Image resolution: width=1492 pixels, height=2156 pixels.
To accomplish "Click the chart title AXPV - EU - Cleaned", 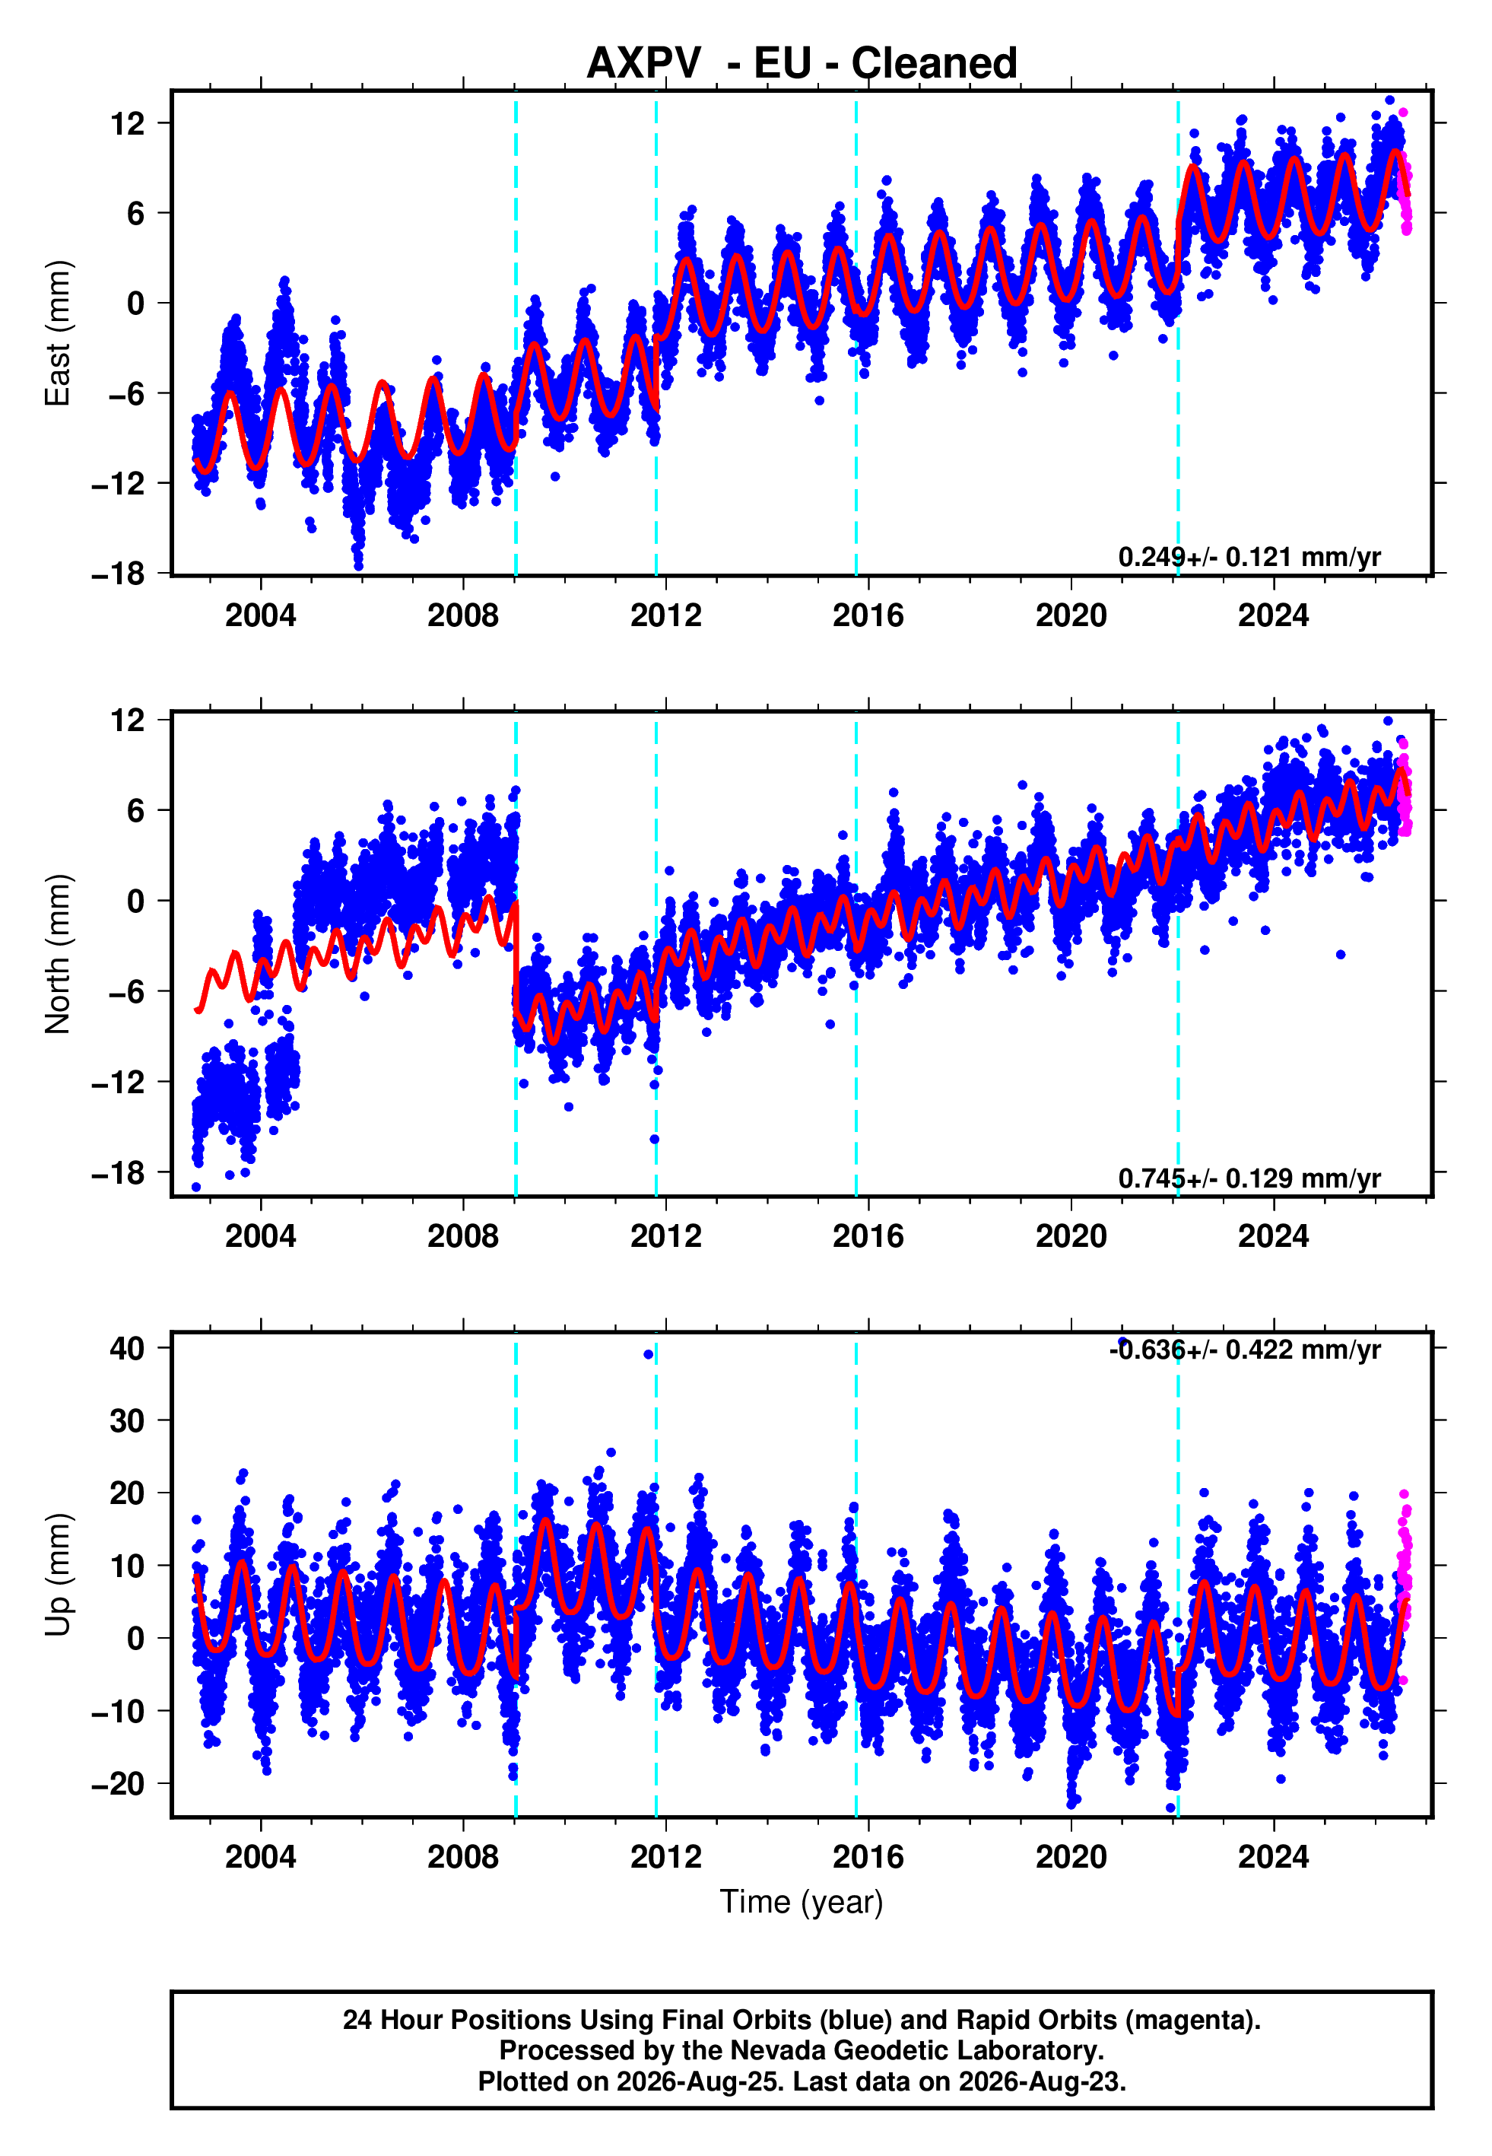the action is coord(802,64).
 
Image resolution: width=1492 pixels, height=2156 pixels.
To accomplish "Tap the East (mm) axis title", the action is coord(58,333).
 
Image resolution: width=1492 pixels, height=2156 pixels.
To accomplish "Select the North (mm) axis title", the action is coord(58,954).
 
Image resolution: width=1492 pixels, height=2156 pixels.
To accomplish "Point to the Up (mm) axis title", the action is coord(58,1575).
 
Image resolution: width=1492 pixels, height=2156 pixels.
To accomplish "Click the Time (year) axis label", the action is coord(802,1903).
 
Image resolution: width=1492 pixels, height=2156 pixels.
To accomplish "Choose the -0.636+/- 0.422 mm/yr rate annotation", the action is coord(1245,1350).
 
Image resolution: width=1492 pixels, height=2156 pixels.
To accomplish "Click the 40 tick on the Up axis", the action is coord(127,1348).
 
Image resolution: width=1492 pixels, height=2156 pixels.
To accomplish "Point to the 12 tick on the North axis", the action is coord(128,720).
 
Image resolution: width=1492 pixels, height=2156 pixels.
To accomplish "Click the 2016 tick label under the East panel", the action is coord(868,615).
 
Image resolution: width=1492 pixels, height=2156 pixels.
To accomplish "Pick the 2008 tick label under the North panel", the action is coord(463,1236).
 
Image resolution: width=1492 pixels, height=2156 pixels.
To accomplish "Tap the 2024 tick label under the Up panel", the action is coord(1273,1857).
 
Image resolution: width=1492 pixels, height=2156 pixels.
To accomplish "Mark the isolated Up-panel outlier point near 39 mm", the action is coord(648,1354).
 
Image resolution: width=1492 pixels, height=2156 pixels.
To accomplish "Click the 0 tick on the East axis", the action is coord(136,303).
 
